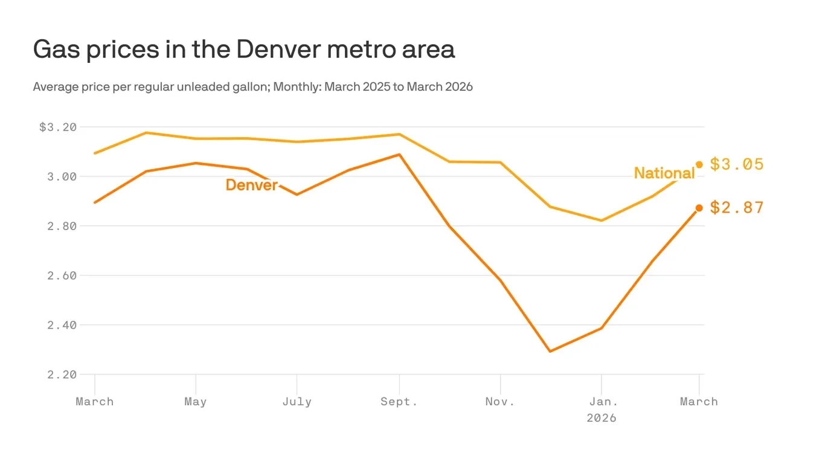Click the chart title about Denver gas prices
click(243, 50)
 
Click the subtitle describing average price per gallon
click(252, 87)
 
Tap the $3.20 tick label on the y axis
click(58, 127)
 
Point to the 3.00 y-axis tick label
click(62, 177)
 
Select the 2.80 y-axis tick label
click(62, 227)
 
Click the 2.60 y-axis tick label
click(62, 276)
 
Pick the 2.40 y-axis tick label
click(62, 326)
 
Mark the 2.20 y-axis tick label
click(62, 375)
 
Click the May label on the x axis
click(196, 402)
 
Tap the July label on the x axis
click(297, 402)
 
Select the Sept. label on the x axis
click(399, 402)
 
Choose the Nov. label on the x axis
click(500, 402)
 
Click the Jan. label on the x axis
click(602, 402)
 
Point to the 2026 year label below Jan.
click(602, 418)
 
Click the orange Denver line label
click(251, 185)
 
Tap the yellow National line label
click(664, 173)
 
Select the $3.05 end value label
click(736, 164)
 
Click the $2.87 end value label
click(736, 208)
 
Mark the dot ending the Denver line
click(699, 208)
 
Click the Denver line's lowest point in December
click(550, 351)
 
